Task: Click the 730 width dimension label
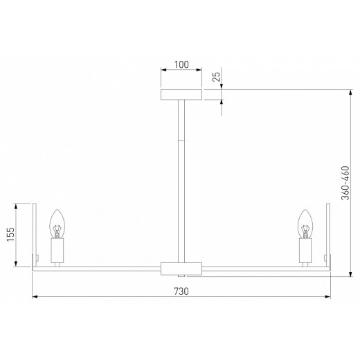[181, 291]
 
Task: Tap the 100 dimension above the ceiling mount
[181, 65]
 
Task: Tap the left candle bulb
[57, 223]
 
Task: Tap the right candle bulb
[304, 223]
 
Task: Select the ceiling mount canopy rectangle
[181, 94]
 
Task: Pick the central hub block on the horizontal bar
[181, 267]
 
